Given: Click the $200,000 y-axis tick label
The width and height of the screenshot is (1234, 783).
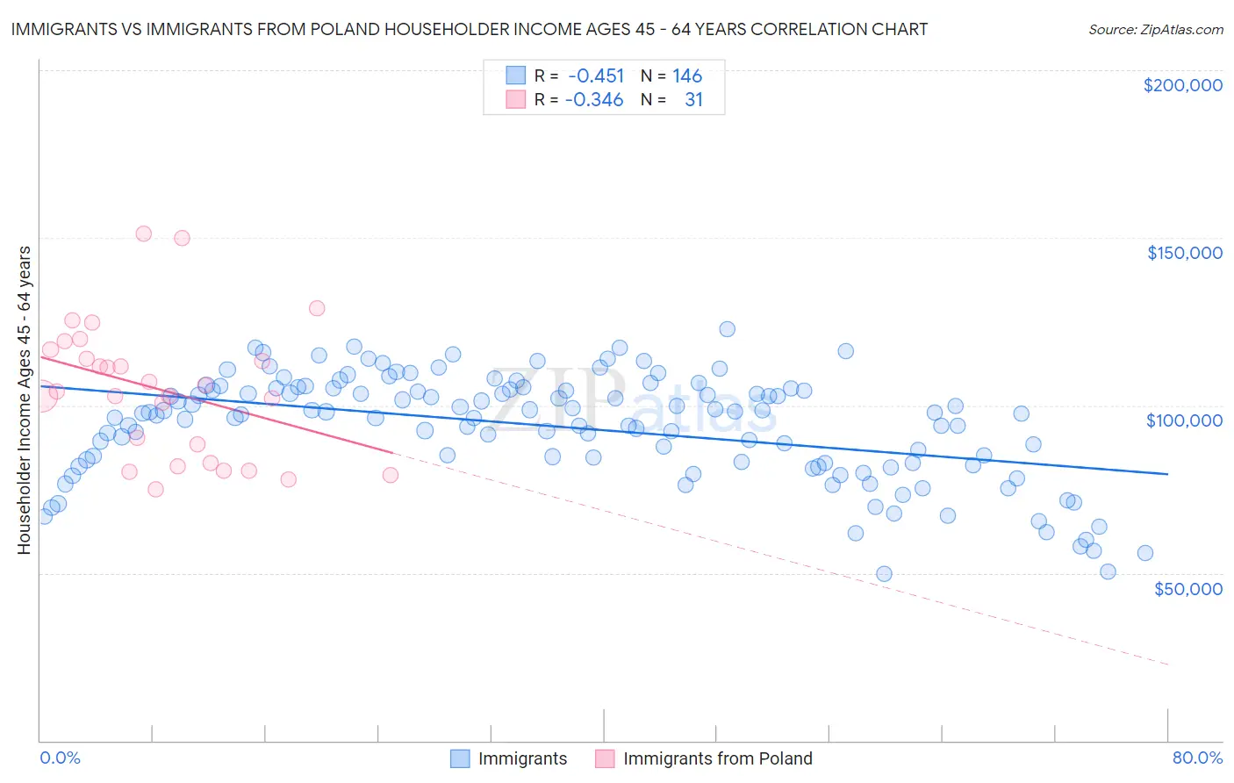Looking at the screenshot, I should click(1182, 85).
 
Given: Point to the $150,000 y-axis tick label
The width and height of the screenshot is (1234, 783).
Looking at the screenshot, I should click(1184, 253).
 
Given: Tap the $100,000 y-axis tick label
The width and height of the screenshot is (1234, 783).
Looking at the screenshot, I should click(1184, 420).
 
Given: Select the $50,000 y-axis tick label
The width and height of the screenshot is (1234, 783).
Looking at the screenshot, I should click(1187, 588).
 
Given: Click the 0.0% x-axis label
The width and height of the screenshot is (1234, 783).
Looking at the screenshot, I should click(60, 758).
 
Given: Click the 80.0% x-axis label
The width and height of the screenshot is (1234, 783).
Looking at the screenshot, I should click(1197, 758).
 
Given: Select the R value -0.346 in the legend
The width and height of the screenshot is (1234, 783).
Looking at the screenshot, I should click(594, 100).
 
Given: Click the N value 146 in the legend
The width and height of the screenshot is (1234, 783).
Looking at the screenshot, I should click(687, 76).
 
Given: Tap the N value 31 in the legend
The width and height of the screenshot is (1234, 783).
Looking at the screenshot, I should click(693, 100).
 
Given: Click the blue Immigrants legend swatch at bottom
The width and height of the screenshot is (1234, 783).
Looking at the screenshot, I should click(460, 758).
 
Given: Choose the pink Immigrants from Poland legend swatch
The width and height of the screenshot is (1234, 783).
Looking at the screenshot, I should click(605, 758).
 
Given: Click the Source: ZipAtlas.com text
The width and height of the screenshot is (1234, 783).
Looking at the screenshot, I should click(1155, 29).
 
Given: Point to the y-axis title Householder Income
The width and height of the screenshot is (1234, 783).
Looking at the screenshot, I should click(25, 399).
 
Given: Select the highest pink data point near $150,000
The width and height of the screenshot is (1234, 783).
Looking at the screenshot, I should click(143, 233).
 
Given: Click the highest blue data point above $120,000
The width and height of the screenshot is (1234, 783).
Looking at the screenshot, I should click(727, 329).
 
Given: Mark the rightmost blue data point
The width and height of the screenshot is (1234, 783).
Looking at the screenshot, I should click(1144, 553).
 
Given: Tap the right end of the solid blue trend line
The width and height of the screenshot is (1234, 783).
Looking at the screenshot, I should click(1167, 474).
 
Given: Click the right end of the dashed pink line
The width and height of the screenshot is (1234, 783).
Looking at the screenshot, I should click(1167, 664).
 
